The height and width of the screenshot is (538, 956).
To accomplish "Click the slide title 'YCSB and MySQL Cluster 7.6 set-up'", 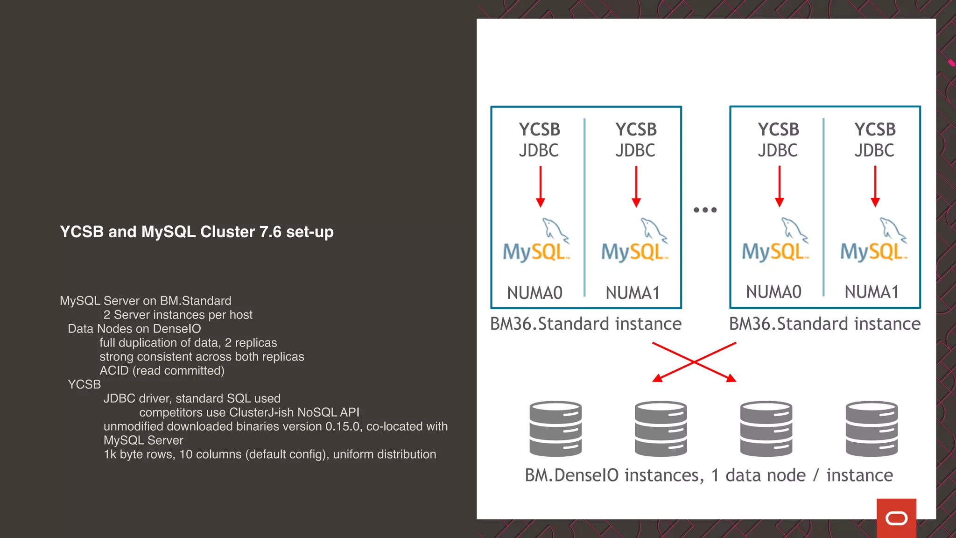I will pos(197,232).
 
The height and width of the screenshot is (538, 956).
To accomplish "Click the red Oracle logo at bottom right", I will pos(896,518).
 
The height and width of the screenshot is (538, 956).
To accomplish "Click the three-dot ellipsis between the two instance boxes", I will pos(705,210).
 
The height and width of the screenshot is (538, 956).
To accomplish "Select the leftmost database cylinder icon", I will pos(555,428).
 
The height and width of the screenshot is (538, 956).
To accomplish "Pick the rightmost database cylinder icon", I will pos(872,428).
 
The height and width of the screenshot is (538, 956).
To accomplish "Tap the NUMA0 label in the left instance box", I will pos(534,293).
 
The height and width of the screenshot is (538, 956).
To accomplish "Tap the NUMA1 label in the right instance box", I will pos(872,292).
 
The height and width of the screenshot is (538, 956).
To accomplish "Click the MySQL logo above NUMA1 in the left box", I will pos(635,241).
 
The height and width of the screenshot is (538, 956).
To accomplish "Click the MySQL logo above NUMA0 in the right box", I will pos(775,241).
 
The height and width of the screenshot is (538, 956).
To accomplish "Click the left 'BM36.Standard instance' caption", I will pos(586,324).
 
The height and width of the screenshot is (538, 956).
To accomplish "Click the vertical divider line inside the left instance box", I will pos(584,208).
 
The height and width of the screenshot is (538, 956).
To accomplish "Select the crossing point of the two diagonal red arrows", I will pos(694,362).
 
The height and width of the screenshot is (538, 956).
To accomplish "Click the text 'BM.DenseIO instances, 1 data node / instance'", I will pos(709,475).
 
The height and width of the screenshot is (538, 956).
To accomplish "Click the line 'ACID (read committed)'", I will pos(162,371).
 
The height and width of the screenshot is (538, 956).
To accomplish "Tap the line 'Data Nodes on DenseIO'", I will pos(134,329).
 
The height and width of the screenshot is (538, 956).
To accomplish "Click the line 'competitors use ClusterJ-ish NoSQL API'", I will pos(249,412).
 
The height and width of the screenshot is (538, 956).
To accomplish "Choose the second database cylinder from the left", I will pos(661,428).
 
